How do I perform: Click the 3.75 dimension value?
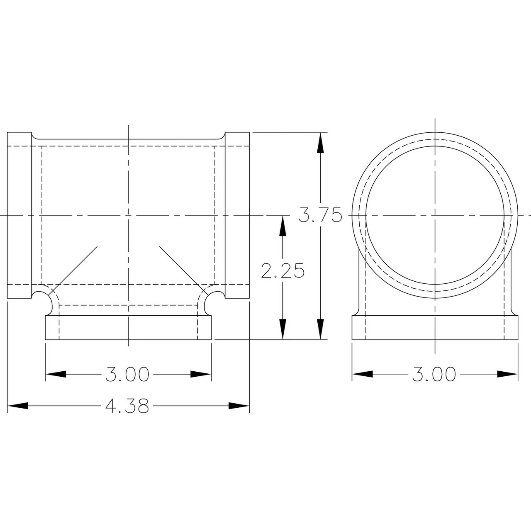(320, 215)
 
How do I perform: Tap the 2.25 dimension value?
(283, 270)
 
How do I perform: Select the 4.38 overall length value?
(127, 406)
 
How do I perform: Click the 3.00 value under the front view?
(127, 374)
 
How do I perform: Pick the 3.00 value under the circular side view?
(434, 374)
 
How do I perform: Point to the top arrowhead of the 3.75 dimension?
(320, 142)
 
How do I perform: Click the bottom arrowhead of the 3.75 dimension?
(320, 329)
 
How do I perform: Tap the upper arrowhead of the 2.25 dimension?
(283, 226)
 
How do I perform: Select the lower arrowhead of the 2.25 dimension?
(283, 329)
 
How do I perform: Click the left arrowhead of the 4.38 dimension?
(18, 406)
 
